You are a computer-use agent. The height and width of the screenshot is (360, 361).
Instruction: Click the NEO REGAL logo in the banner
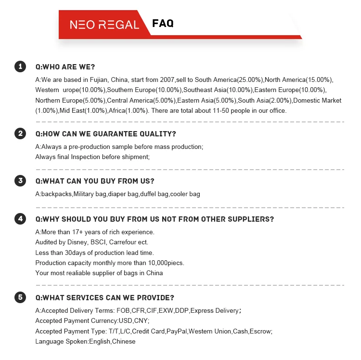104,25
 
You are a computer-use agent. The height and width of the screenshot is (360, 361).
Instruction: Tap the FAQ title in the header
163,24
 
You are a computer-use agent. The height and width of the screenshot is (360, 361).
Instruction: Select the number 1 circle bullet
20,67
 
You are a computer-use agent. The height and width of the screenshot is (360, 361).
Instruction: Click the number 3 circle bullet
20,181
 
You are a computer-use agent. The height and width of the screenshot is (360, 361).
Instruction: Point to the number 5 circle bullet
20,297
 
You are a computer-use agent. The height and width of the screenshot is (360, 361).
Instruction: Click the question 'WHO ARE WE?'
65,67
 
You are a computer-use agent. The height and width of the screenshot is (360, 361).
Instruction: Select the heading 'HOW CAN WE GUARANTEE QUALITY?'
105,134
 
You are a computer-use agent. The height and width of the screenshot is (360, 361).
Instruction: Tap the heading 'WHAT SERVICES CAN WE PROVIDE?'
104,297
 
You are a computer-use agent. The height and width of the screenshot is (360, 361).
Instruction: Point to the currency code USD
125,321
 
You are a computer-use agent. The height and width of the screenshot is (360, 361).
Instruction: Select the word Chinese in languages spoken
124,342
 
